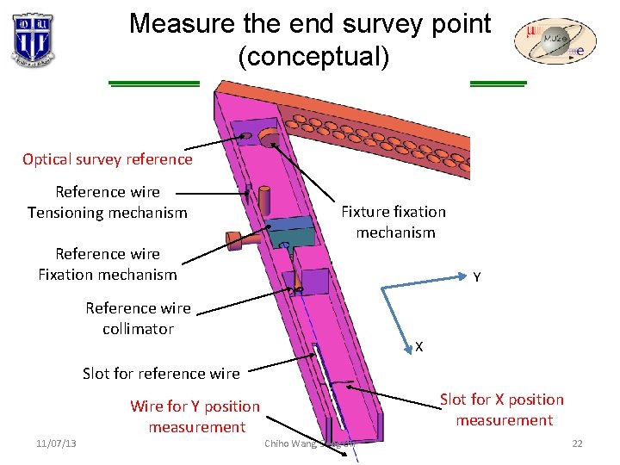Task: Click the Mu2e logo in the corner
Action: [555, 41]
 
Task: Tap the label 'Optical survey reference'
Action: [108, 159]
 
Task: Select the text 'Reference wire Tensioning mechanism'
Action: [108, 202]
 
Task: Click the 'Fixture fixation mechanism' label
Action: [394, 222]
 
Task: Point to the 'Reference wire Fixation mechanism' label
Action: [108, 264]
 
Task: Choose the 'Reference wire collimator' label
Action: [138, 319]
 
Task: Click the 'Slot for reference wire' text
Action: [161, 373]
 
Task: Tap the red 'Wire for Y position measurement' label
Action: [195, 416]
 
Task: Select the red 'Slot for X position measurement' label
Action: [503, 409]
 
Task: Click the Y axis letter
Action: [476, 277]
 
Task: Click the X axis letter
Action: [418, 346]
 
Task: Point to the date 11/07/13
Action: [56, 443]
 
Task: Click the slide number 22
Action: [577, 443]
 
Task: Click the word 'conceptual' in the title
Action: [314, 58]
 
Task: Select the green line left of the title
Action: [154, 84]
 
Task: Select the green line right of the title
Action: [498, 84]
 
